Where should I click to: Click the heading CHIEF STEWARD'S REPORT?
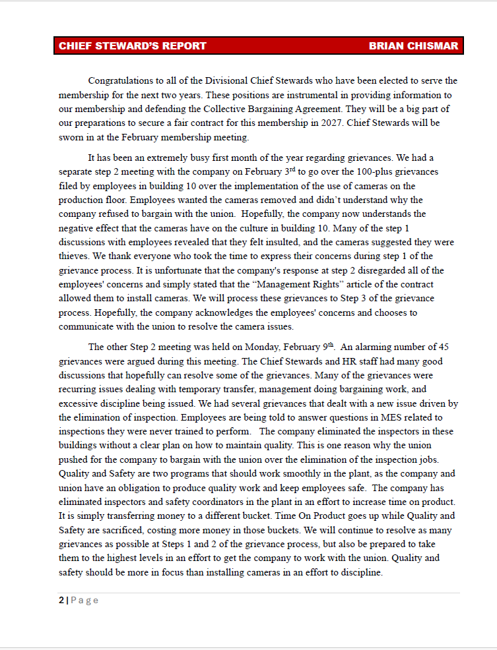coord(132,46)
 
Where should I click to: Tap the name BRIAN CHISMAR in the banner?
coord(413,46)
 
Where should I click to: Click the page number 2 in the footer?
coord(61,600)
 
